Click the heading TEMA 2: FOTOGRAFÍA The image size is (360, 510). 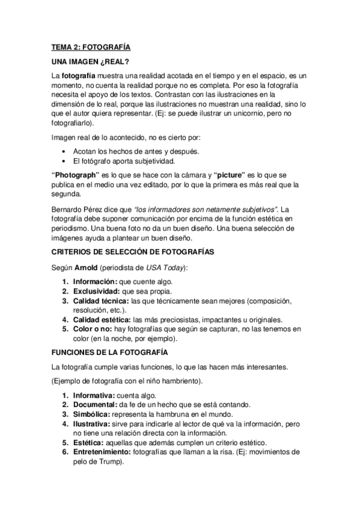pos(91,46)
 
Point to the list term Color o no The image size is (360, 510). pos(93,329)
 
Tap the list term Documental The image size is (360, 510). pos(96,405)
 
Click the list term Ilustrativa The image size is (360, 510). pos(93,424)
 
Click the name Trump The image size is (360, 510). pos(110,462)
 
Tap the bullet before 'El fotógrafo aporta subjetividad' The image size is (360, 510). pos(64,161)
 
